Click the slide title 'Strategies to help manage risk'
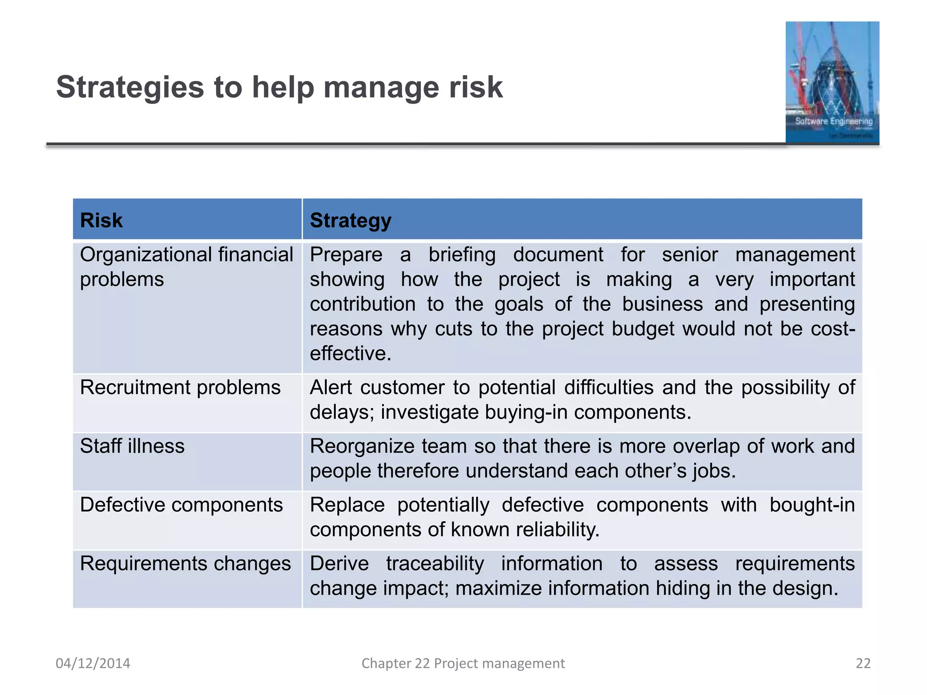(x=279, y=87)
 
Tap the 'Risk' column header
(x=101, y=220)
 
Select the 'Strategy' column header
(x=350, y=220)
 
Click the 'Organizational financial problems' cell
(x=186, y=267)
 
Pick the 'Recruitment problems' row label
(x=180, y=388)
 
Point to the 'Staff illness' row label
(x=132, y=446)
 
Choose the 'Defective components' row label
(x=181, y=505)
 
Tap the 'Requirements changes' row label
(x=185, y=564)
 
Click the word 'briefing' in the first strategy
(x=462, y=255)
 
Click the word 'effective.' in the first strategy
(x=350, y=353)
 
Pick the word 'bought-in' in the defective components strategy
(x=812, y=505)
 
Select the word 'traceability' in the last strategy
(x=435, y=564)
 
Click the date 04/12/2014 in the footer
(x=93, y=663)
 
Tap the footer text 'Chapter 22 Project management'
(x=463, y=663)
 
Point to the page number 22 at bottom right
(x=863, y=663)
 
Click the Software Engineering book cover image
(x=832, y=82)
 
